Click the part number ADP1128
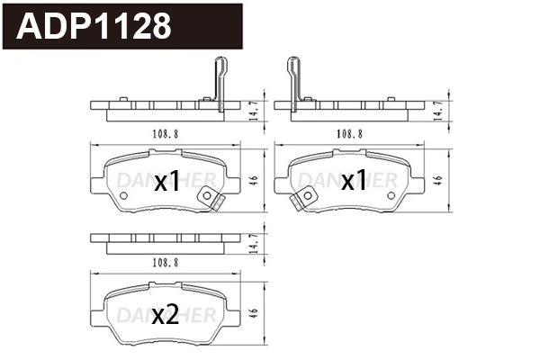pos(95,26)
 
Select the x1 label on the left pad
pos(168,183)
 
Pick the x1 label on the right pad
pos(354,182)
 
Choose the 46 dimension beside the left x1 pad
pos(256,179)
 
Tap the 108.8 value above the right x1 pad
pos(349,132)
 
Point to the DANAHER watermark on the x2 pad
pos(166,309)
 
